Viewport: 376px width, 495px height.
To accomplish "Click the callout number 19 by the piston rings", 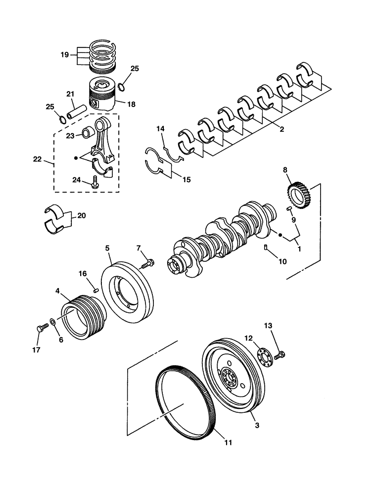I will (x=65, y=55).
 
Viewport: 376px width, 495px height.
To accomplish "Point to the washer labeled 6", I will (x=53, y=320).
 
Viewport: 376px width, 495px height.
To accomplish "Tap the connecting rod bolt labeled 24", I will (x=94, y=183).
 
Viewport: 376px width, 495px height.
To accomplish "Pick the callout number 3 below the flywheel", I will (x=256, y=425).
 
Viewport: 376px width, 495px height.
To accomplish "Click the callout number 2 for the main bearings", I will (x=281, y=130).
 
